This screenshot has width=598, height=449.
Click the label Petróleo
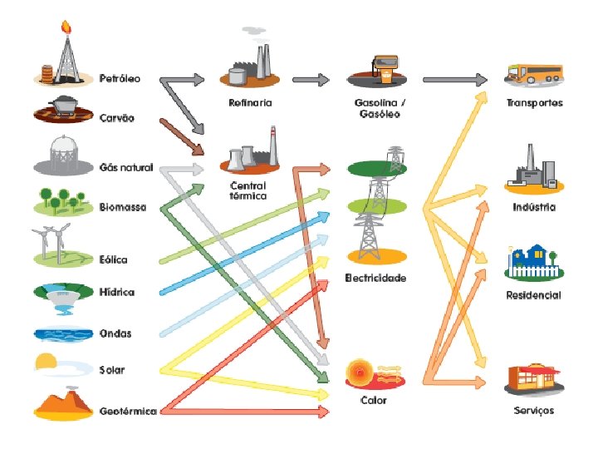click(x=120, y=79)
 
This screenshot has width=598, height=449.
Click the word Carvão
click(x=116, y=118)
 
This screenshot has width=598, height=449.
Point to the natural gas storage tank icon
click(x=62, y=154)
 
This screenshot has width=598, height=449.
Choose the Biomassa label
click(x=122, y=206)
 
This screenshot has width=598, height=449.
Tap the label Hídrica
click(x=117, y=293)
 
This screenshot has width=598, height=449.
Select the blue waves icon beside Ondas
click(x=62, y=333)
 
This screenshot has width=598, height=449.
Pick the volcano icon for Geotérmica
click(x=65, y=402)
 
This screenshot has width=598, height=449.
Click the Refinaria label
click(x=250, y=103)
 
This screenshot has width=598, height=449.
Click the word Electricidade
click(x=375, y=278)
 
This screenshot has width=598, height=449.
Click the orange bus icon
click(x=534, y=74)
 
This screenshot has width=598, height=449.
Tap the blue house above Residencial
click(x=532, y=259)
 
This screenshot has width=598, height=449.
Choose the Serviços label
click(x=533, y=411)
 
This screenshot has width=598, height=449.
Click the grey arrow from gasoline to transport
click(x=454, y=80)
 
